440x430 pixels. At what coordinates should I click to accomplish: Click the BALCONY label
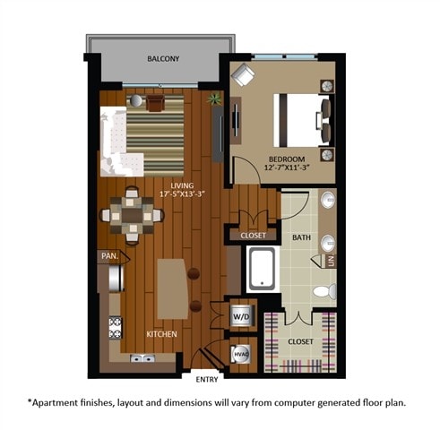(x=163, y=59)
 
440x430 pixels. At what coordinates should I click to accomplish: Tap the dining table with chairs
(x=132, y=215)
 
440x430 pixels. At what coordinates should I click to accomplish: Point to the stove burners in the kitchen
(x=115, y=329)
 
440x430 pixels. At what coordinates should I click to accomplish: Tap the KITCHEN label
(x=162, y=334)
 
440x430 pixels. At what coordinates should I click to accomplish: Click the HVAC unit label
(x=240, y=354)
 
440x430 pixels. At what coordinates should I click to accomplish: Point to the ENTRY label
(x=206, y=380)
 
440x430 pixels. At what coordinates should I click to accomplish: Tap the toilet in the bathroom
(x=327, y=291)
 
